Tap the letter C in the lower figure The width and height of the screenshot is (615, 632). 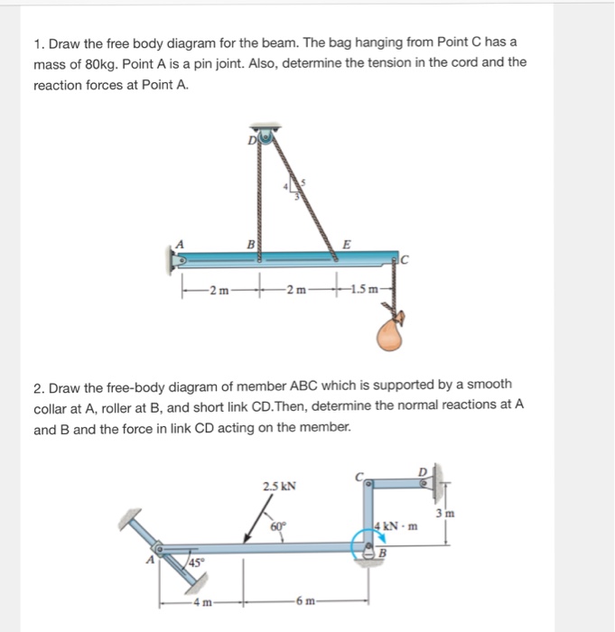pos(359,476)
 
